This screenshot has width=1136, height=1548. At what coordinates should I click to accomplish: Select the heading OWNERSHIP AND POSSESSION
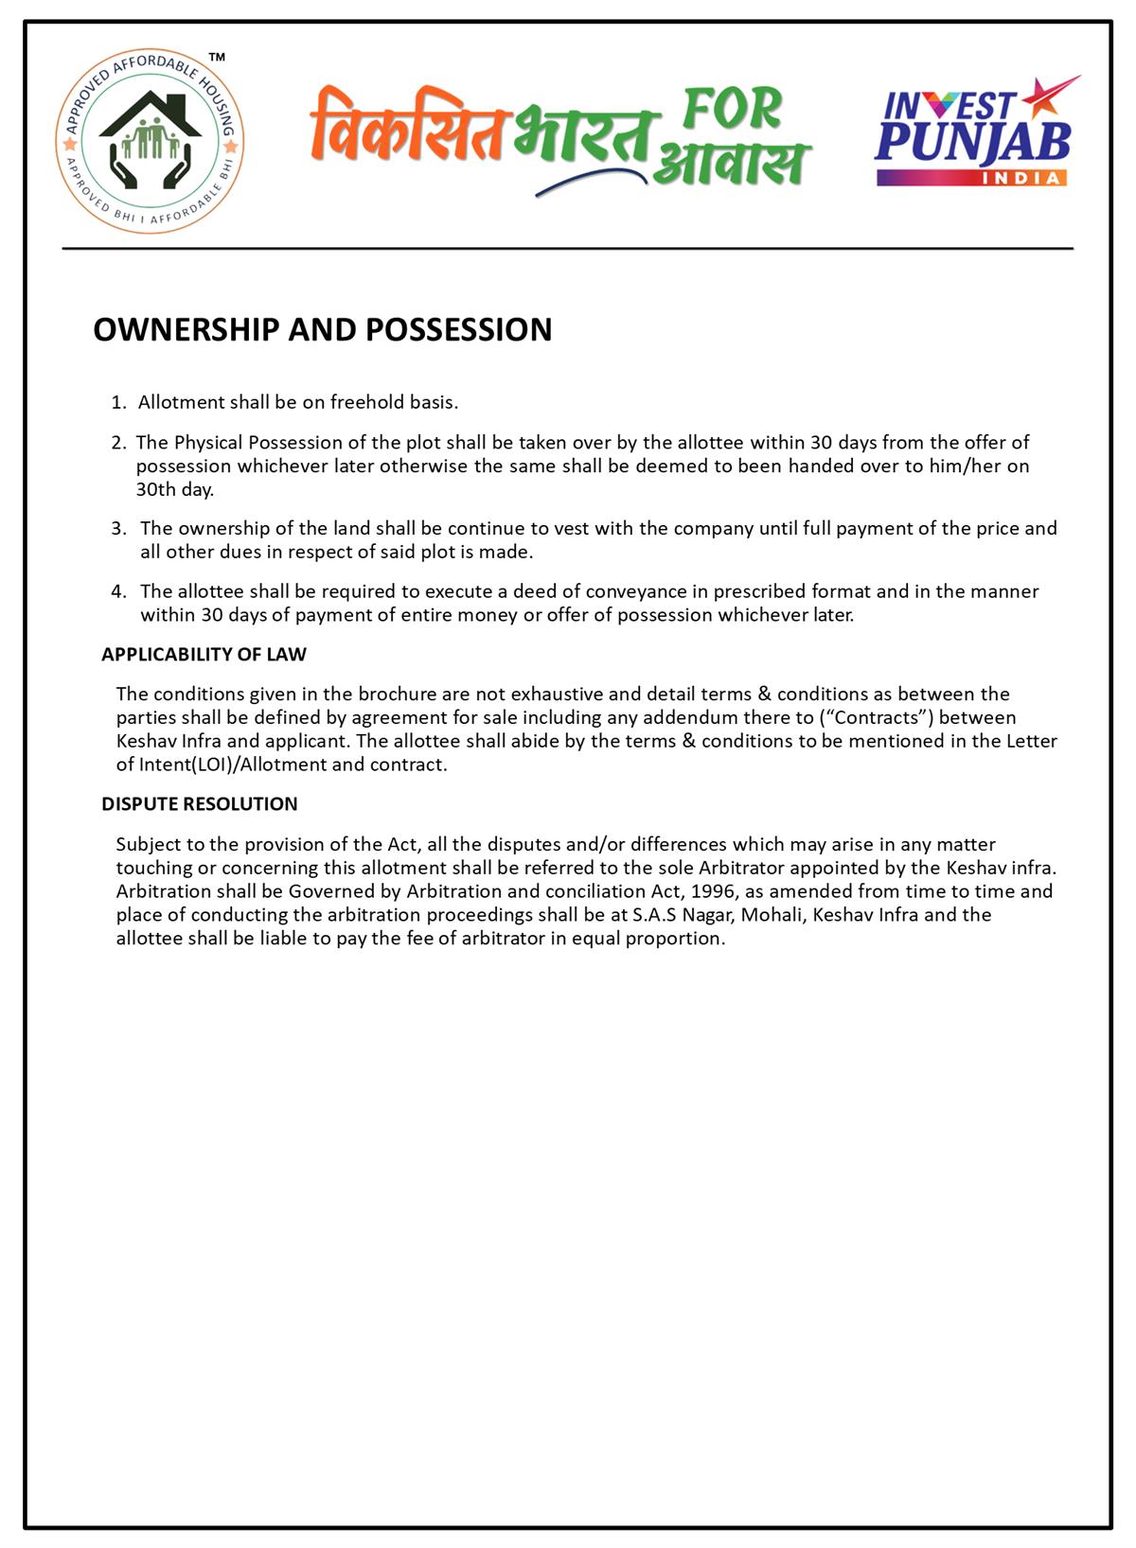click(x=323, y=329)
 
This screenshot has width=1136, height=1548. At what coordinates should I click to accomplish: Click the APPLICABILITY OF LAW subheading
click(x=204, y=654)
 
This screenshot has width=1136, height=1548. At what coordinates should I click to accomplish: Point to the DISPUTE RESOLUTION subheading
click(x=199, y=803)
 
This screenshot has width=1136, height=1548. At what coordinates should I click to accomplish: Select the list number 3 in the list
click(x=118, y=528)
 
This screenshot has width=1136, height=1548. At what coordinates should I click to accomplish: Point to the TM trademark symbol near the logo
click(x=217, y=59)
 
